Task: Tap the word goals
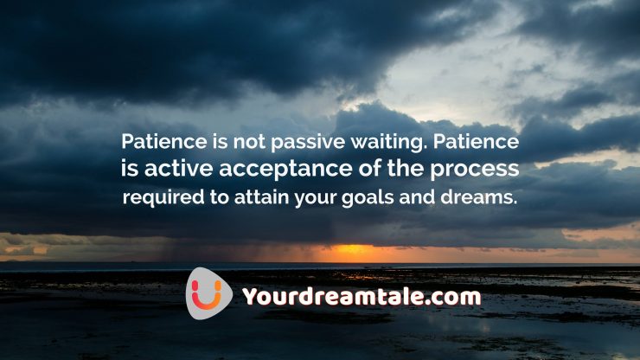[x=361, y=196]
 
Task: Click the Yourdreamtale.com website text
[x=361, y=297]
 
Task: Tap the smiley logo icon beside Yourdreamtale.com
[x=209, y=293]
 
